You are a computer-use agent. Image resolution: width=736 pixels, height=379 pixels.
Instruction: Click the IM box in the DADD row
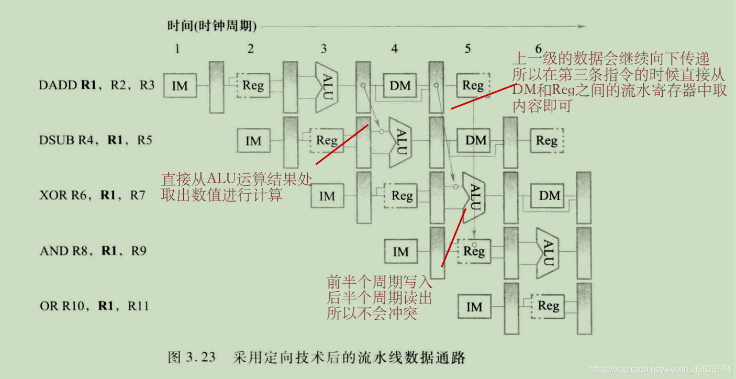click(x=180, y=85)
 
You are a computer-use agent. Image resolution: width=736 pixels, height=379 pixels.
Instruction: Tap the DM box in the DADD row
click(x=400, y=85)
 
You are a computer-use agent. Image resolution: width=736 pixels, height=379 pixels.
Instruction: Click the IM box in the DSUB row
click(x=253, y=140)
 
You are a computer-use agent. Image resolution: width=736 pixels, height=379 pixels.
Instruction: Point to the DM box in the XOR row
click(x=549, y=196)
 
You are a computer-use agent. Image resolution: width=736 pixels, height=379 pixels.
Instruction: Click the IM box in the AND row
click(x=400, y=252)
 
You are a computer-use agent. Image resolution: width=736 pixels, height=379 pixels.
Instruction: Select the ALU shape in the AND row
click(x=548, y=252)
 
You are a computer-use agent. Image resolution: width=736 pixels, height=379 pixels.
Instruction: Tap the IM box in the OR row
click(x=474, y=307)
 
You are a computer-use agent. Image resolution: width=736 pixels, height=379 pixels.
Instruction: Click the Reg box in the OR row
click(x=548, y=306)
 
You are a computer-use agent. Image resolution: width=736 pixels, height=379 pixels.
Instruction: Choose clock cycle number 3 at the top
click(x=324, y=49)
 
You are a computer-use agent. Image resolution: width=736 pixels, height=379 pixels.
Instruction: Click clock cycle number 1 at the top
click(x=177, y=49)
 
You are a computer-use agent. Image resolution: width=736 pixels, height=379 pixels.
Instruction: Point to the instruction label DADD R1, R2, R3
click(x=97, y=85)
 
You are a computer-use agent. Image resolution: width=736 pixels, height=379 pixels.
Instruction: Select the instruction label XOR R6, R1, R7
click(x=93, y=195)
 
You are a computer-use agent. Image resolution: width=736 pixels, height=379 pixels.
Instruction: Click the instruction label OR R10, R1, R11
click(x=94, y=306)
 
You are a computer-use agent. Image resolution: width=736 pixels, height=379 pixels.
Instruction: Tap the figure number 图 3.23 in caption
click(x=192, y=358)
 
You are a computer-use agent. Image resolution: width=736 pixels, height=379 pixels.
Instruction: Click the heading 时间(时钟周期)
click(x=212, y=26)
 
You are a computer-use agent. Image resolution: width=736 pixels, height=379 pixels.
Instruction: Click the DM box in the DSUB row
click(x=476, y=140)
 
